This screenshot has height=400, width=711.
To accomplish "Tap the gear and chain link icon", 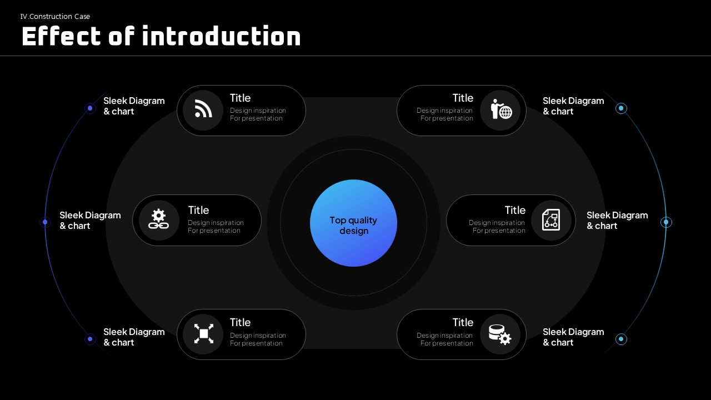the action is click(159, 219).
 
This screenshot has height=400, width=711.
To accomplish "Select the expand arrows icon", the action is click(203, 334).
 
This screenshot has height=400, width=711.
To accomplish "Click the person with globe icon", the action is click(501, 109).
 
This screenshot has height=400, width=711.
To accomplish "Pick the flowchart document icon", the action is click(550, 219).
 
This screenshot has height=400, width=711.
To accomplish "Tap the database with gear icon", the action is click(500, 334).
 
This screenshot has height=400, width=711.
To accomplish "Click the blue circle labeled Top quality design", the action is click(353, 223).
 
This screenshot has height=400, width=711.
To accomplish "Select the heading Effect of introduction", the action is click(161, 36).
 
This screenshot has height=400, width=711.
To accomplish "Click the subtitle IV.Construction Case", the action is click(55, 17).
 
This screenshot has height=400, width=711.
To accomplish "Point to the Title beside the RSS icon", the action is click(240, 98).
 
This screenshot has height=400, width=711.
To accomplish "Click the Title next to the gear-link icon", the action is click(198, 210).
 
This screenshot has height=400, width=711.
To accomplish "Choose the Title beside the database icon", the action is click(463, 323).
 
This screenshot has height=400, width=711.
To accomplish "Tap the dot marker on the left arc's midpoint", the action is click(45, 222).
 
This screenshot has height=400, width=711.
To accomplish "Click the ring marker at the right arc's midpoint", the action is click(666, 222).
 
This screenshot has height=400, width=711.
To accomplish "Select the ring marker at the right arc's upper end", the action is click(621, 108).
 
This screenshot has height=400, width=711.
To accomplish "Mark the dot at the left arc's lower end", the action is click(90, 339).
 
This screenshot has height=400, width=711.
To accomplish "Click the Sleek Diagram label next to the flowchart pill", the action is click(617, 221).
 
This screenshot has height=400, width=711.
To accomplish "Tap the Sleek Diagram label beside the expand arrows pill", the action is click(134, 337).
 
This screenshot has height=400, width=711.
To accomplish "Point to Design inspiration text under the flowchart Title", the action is click(497, 223).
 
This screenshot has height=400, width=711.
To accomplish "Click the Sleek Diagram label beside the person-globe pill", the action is click(573, 106).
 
